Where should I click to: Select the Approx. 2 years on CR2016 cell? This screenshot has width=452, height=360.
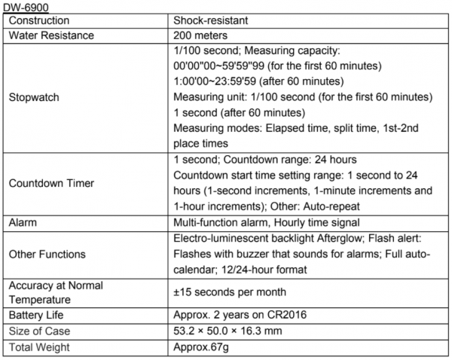coord(237,316)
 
